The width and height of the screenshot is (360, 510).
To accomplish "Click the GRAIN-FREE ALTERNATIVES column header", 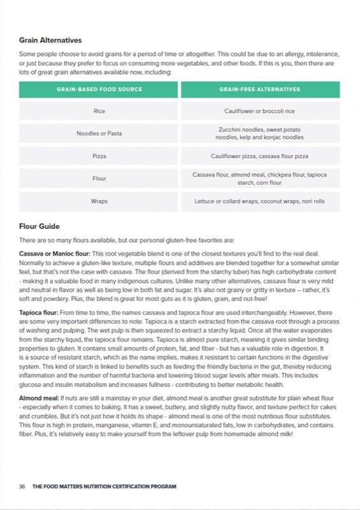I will [x=260, y=90].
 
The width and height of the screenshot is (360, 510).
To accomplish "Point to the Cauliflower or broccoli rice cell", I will [x=260, y=111].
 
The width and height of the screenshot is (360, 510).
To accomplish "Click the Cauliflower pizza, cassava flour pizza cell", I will [x=260, y=156].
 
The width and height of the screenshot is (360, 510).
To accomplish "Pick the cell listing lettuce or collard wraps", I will [x=260, y=201].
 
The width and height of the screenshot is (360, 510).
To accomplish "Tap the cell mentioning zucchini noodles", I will [x=260, y=133].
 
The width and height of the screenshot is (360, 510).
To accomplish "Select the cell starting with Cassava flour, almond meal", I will [x=260, y=178].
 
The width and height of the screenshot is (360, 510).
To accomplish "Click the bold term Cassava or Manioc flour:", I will [x=55, y=254].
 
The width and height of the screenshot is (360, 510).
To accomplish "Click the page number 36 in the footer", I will [x=22, y=486].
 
